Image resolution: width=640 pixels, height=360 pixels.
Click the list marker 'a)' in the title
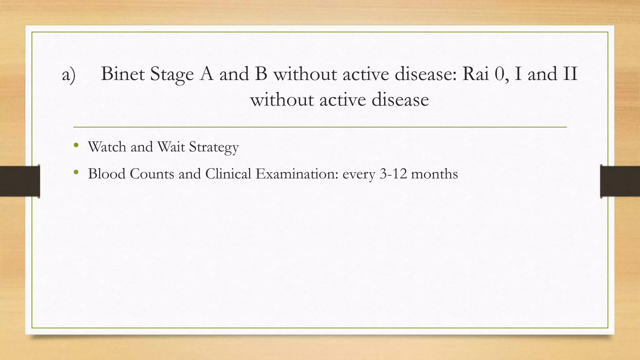click(x=69, y=75)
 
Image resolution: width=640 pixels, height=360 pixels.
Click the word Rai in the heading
click(x=475, y=74)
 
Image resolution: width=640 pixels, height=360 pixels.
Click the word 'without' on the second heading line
click(x=282, y=100)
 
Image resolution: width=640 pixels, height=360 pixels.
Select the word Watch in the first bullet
click(x=107, y=147)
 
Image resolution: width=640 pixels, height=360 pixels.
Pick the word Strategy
click(x=214, y=147)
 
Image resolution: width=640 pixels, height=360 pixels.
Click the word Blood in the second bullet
click(x=107, y=174)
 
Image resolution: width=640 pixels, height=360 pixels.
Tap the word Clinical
click(x=228, y=174)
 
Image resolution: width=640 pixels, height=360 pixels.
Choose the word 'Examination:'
click(x=297, y=174)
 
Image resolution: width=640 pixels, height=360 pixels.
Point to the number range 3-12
click(x=393, y=174)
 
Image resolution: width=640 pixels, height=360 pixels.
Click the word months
click(x=434, y=174)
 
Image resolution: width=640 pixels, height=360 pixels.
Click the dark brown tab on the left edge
click(x=20, y=181)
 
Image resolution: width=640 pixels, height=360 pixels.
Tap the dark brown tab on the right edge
click(x=620, y=181)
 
